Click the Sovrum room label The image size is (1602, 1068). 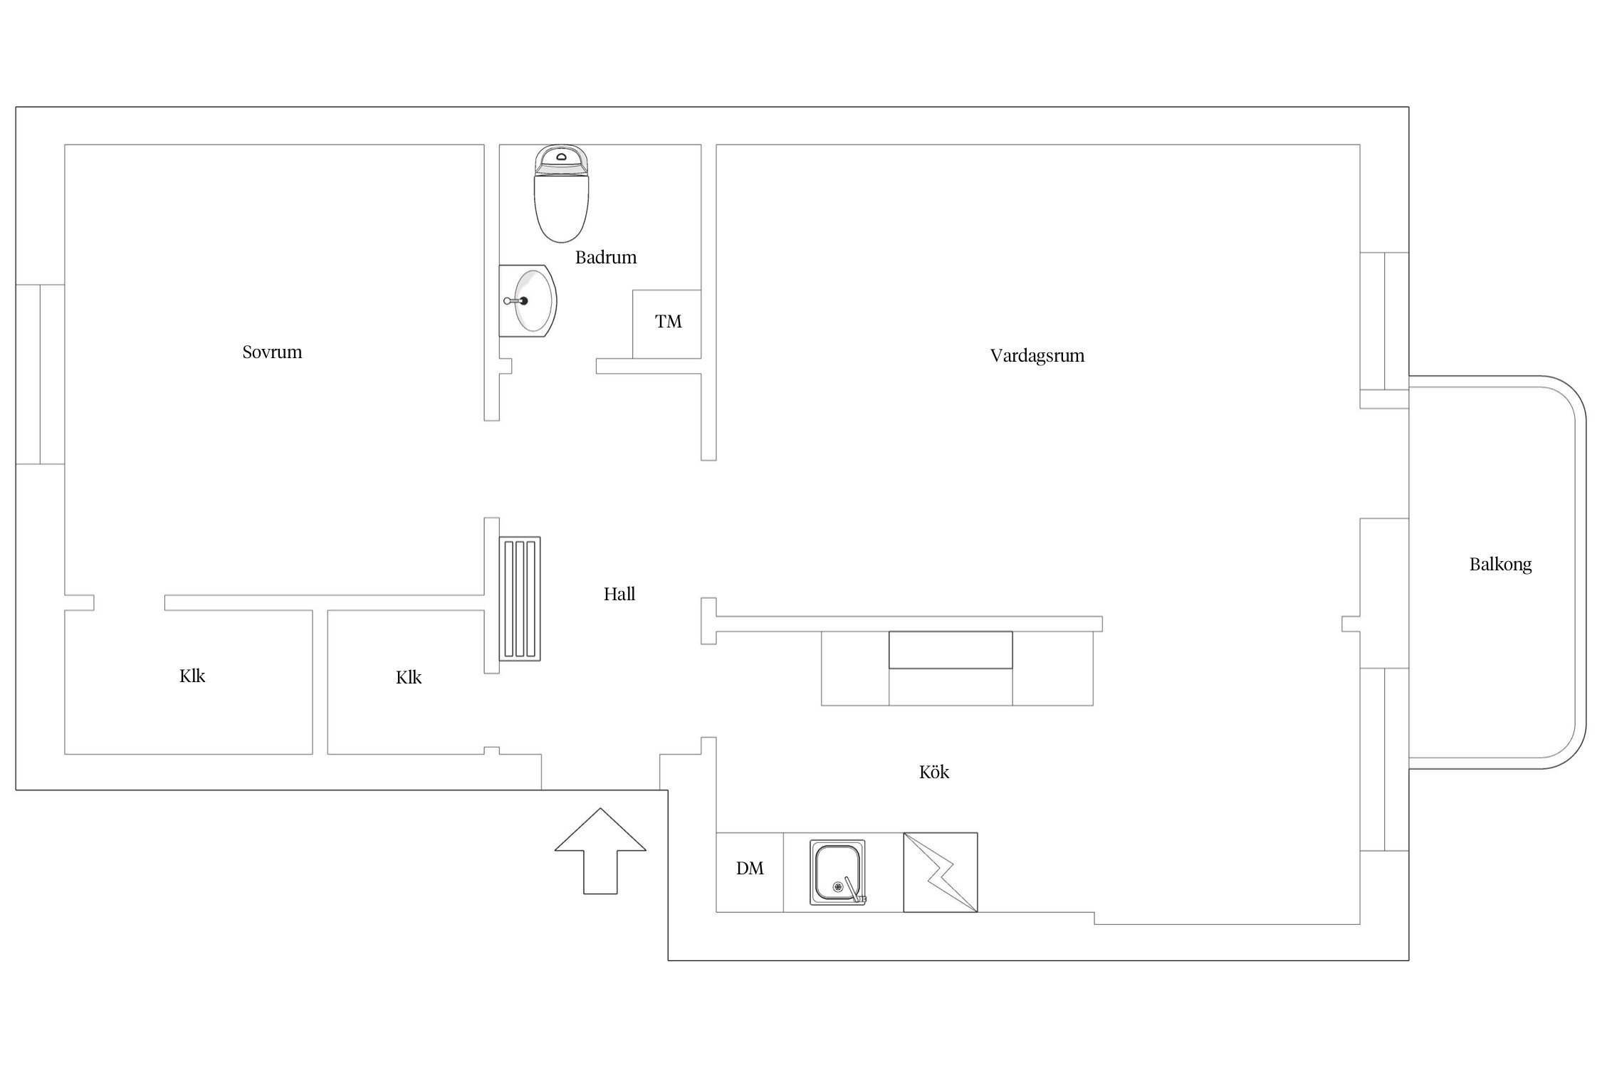coord(272,352)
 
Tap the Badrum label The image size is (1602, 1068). coord(606,257)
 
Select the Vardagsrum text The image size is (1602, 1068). coord(1037,355)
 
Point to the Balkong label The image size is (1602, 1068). coord(1500,565)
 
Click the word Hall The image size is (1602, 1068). coord(619,594)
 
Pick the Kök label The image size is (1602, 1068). coord(934,772)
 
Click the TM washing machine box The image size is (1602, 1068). coord(667,324)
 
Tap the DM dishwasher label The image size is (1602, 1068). coord(750,868)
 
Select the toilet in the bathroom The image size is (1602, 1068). coord(562,194)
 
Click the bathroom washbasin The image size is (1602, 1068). coord(528,301)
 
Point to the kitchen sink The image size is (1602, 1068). coord(838,872)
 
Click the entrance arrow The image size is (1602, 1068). coord(600,850)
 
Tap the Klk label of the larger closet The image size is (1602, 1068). coord(192,676)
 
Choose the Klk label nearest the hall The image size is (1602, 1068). coord(409,677)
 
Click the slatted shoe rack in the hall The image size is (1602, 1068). coord(520,599)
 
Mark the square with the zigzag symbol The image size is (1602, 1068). coord(941,872)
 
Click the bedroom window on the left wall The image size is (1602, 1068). coord(41,375)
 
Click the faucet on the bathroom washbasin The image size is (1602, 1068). coord(517,301)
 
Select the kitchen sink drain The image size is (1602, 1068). coord(838,887)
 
